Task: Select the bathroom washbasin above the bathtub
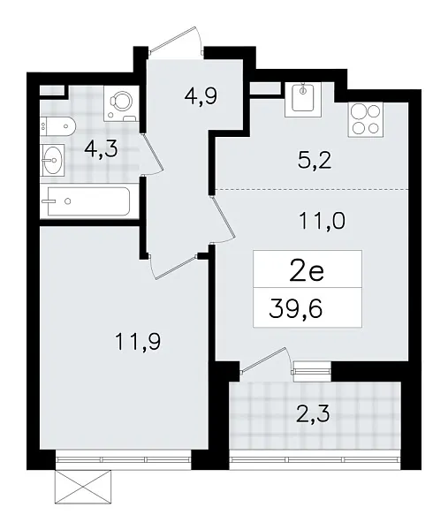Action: click(52, 162)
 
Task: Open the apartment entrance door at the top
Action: click(178, 37)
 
